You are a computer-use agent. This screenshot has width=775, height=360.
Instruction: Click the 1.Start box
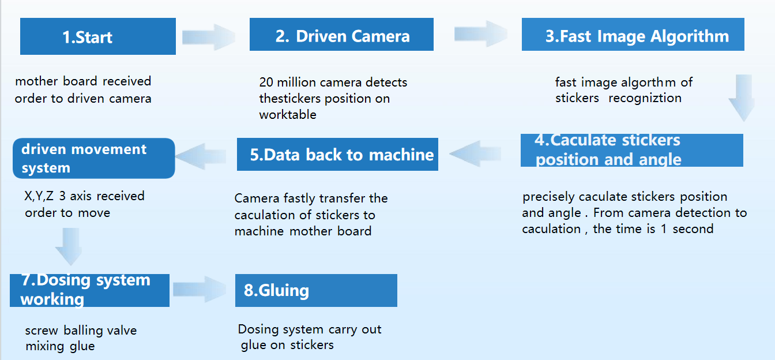pos(97,36)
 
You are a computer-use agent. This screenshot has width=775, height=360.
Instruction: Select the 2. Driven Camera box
pos(341,35)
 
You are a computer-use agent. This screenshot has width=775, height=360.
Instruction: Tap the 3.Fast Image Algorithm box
pos(633,35)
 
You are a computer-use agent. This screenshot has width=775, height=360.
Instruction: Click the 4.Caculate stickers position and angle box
pos(631,150)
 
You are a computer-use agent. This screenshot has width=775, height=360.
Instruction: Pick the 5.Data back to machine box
pos(337,155)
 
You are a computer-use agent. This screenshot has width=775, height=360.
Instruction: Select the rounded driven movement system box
pos(93,158)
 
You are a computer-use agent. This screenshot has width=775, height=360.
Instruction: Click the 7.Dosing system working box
pos(89,290)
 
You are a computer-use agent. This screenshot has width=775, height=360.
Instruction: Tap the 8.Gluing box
pos(316,290)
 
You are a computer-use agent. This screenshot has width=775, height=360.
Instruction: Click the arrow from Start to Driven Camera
pos(209,37)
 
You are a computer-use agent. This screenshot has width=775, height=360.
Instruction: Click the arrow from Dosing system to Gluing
pos(200,289)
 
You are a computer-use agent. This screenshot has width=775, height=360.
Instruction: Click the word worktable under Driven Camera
pos(288,114)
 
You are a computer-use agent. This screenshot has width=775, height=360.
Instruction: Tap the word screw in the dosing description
pos(42,331)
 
